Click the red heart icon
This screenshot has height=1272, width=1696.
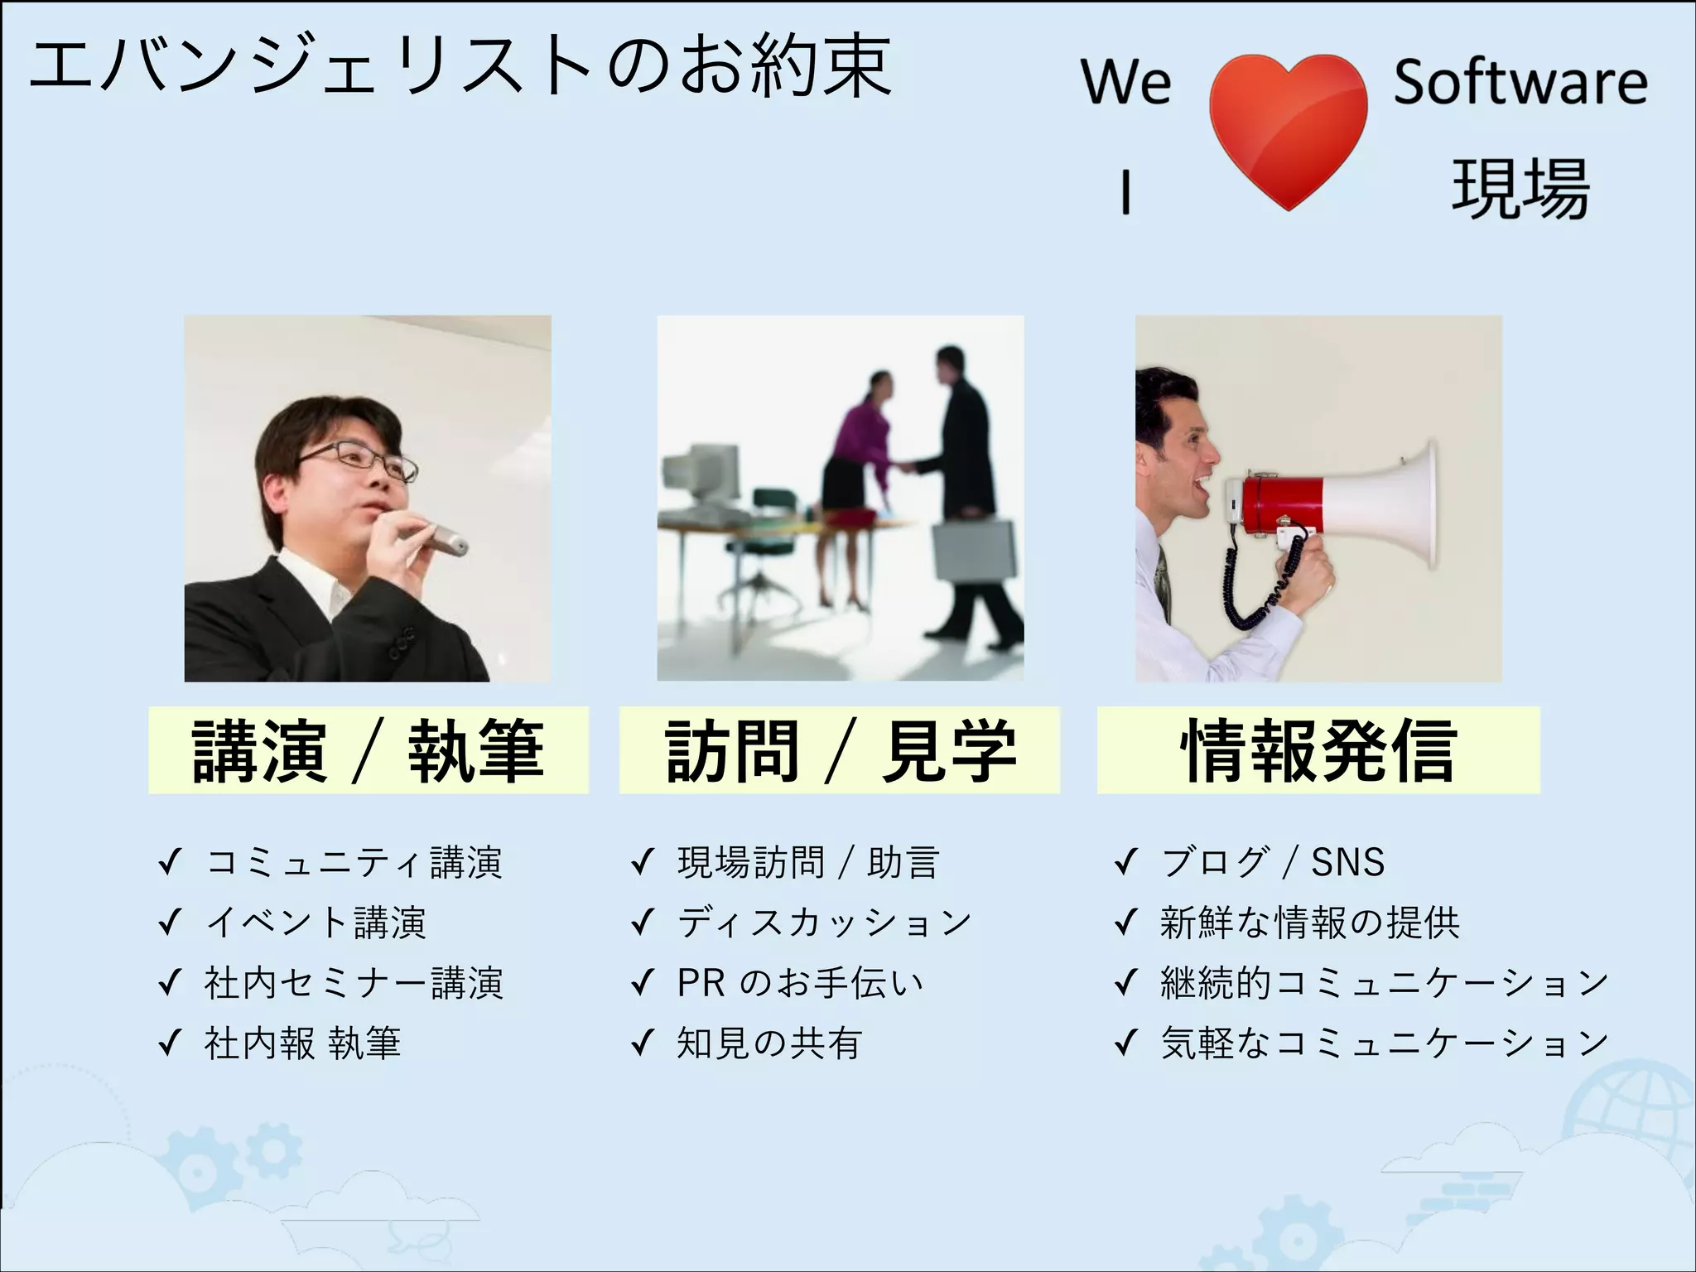tap(1288, 124)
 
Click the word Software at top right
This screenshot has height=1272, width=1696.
tap(1520, 82)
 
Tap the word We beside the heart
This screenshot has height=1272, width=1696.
tap(1126, 82)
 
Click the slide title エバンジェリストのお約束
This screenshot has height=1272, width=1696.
tap(460, 66)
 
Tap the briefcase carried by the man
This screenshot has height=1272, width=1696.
tap(975, 552)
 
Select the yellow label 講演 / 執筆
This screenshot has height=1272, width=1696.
tap(368, 750)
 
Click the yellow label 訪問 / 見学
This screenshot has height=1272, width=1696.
tap(839, 750)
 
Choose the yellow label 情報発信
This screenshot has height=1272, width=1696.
tap(1318, 750)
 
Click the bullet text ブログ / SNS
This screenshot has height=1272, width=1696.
tap(1272, 862)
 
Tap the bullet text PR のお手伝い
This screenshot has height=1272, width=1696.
tap(799, 982)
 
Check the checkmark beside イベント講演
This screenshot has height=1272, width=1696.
tap(170, 923)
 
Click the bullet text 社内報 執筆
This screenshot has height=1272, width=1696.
tap(302, 1043)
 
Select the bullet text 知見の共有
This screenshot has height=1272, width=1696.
tap(769, 1043)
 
